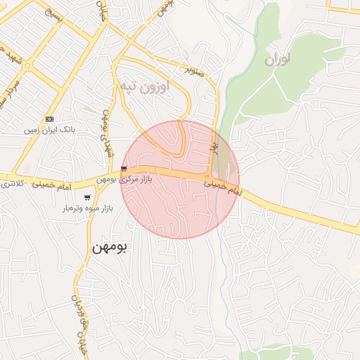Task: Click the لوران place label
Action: tap(277, 60)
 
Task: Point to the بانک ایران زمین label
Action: tap(49, 130)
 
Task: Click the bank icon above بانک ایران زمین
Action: tap(49, 119)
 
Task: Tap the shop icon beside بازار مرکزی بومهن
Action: tap(124, 169)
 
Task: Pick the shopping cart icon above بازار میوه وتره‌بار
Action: tap(86, 198)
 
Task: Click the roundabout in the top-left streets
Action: tap(27, 65)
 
